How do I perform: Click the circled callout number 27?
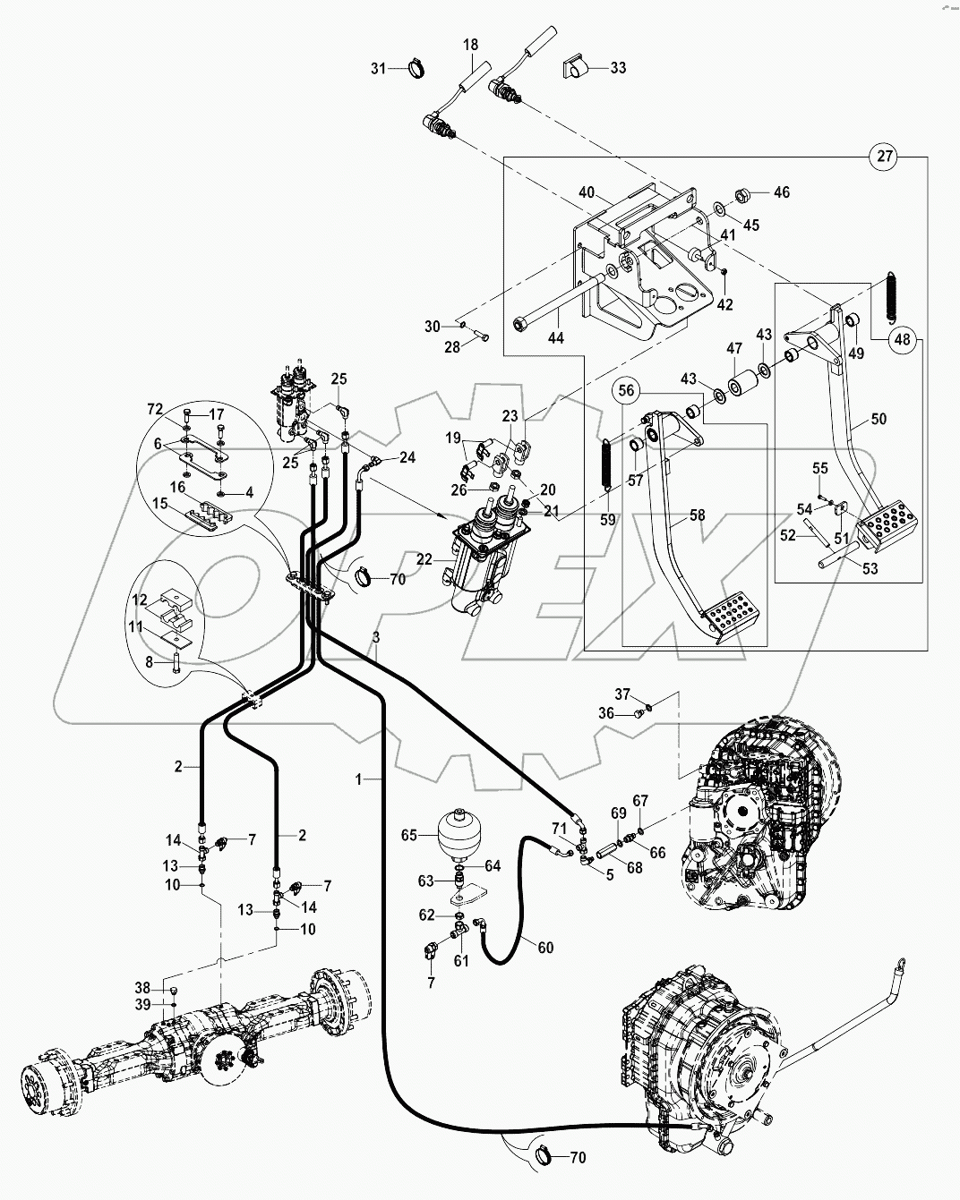[884, 157]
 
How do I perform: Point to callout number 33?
[619, 67]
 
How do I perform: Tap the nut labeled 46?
[741, 192]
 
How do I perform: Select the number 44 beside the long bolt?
[556, 338]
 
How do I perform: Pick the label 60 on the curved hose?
[544, 947]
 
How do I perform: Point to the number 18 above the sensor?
[470, 45]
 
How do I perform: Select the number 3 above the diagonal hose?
[376, 637]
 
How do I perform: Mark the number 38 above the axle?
[143, 988]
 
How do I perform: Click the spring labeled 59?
[606, 465]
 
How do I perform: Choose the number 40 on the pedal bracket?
[587, 192]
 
